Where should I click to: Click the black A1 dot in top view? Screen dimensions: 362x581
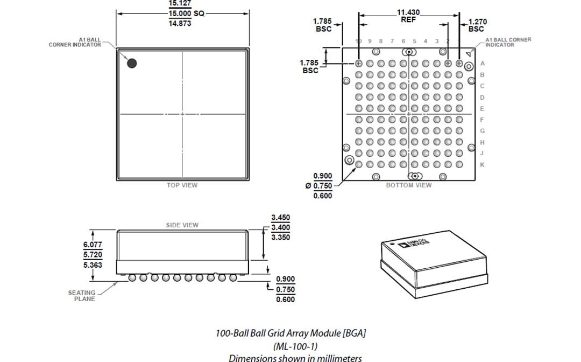pos(132,63)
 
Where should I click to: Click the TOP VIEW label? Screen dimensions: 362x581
pos(182,185)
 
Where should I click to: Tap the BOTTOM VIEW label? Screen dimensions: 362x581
pos(409,185)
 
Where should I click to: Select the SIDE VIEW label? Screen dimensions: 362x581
pos(182,225)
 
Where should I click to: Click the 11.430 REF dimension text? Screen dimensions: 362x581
pos(408,15)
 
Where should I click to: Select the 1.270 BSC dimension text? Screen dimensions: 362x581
pos(476,25)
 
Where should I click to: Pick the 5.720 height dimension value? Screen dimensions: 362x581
pos(92,254)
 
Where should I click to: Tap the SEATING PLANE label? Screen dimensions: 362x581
pos(82,296)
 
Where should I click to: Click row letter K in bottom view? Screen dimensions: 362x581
pos(482,164)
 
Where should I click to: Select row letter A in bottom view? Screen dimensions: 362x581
pos(482,64)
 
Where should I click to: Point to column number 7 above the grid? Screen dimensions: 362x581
pos(392,41)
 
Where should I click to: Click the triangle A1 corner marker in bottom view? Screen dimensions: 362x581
pos(469,54)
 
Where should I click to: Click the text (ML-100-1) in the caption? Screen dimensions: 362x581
pos(290,346)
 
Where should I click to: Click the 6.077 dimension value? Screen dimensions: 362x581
pos(92,244)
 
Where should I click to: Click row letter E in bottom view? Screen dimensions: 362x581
pos(482,108)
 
